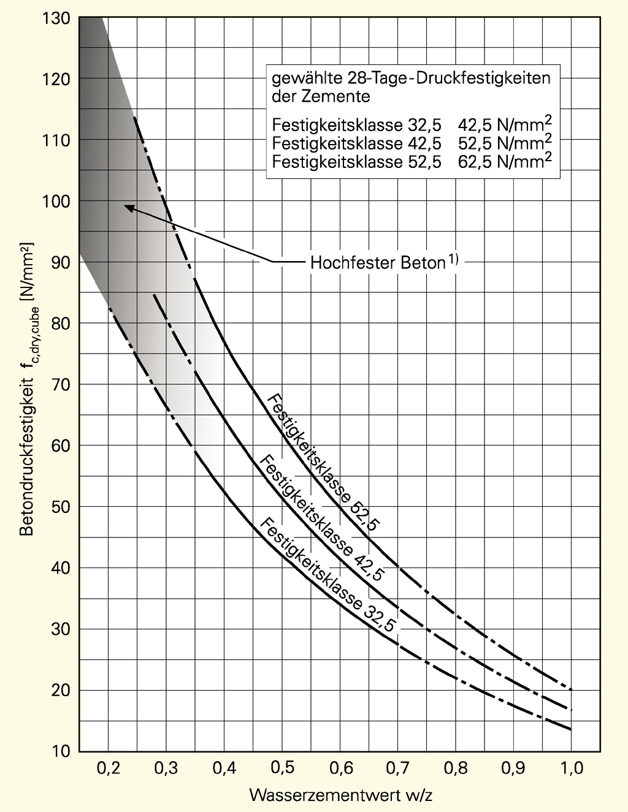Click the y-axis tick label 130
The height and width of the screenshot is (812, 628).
tap(56, 18)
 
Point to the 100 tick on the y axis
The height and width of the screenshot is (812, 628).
tap(56, 201)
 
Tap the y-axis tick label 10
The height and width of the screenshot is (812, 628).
tap(59, 751)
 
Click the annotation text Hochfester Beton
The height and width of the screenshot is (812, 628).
tap(377, 263)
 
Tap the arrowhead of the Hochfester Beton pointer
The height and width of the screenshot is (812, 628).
tap(128, 207)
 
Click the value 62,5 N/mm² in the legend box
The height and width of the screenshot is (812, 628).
tap(504, 162)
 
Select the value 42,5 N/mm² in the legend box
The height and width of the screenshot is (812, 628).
tap(504, 126)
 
